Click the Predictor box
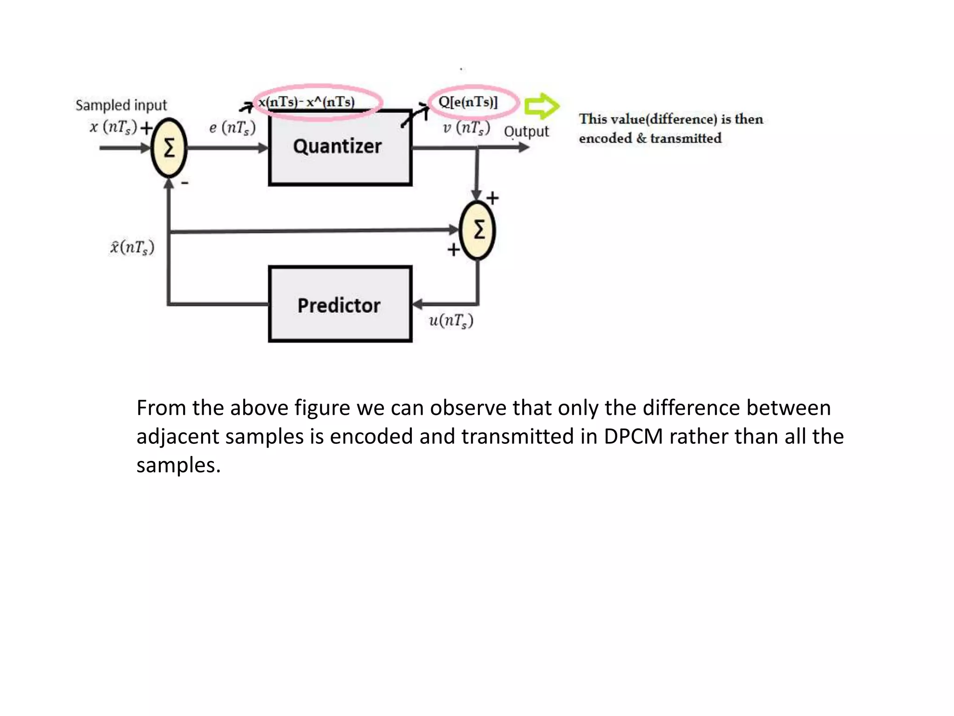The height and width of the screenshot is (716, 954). tap(340, 304)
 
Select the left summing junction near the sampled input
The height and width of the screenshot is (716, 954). tap(169, 148)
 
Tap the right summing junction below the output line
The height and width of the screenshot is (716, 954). tap(477, 230)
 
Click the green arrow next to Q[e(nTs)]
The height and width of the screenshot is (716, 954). tap(541, 106)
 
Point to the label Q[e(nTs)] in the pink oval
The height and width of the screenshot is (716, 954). tap(469, 102)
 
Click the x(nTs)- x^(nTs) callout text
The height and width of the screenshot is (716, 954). tap(307, 102)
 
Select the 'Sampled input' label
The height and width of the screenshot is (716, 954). tap(121, 105)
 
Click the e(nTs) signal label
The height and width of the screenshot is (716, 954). tap(232, 128)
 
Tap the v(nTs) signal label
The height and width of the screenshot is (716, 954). tap(466, 128)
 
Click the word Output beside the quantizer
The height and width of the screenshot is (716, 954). tap(526, 132)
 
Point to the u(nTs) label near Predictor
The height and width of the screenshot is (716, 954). tap(451, 321)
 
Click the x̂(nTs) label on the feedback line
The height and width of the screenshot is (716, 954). tap(132, 247)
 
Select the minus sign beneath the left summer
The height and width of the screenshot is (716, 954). tap(185, 183)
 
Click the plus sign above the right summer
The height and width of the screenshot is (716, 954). tap(492, 198)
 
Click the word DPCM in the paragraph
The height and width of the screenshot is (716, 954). tap(633, 437)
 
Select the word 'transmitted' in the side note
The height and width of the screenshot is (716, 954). tap(686, 138)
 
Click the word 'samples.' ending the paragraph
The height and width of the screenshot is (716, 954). tap(178, 465)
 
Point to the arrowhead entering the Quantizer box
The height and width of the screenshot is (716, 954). tap(264, 148)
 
